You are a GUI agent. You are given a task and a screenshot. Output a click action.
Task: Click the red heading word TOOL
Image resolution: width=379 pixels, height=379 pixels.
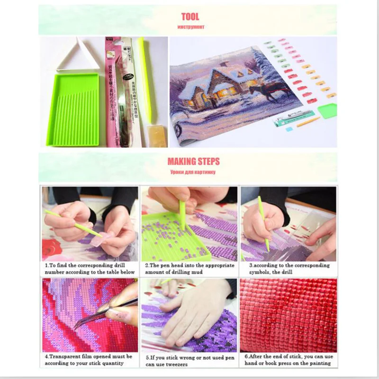pyautogui.click(x=190, y=17)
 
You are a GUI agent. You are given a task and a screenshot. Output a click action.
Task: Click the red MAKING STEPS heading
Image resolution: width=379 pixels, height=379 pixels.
pyautogui.click(x=193, y=162)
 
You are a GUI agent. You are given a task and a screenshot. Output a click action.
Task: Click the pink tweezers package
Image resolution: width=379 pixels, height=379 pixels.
pyautogui.click(x=113, y=92)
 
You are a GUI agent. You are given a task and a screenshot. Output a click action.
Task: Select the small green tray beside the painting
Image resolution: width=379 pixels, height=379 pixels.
pyautogui.click(x=327, y=110)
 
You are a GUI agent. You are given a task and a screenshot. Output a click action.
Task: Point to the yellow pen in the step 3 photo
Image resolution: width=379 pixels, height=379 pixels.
pyautogui.click(x=263, y=223)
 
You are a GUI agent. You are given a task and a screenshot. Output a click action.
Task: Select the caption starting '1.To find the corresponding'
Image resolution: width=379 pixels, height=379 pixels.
pyautogui.click(x=90, y=269)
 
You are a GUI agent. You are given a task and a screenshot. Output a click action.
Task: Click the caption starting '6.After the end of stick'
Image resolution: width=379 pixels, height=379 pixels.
pyautogui.click(x=288, y=360)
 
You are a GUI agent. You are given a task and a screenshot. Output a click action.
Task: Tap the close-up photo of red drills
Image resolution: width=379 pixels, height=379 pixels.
pyautogui.click(x=288, y=315)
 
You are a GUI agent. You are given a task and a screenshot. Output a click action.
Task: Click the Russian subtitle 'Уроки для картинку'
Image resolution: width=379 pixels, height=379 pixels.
pyautogui.click(x=193, y=172)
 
